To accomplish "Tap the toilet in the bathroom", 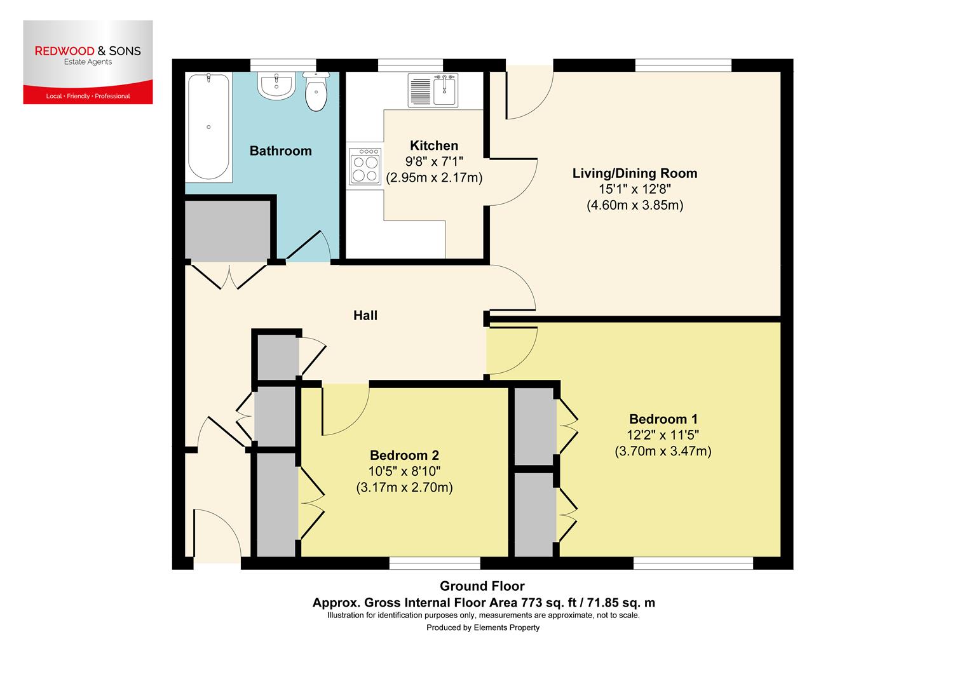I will [x=316, y=92].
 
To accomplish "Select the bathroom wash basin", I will [x=276, y=86].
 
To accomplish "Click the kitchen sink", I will [x=445, y=90].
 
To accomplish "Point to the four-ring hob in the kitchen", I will [x=365, y=166].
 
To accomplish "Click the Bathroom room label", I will [x=280, y=151].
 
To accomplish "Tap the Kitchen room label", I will [x=434, y=145].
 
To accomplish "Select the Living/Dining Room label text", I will [x=634, y=173].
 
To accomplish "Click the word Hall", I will [x=365, y=315].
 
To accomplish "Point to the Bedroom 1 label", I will [x=663, y=419].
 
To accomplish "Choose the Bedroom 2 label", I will [x=404, y=455].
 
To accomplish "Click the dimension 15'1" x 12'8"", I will [x=634, y=189].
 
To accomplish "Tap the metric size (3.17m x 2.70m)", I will [x=404, y=488].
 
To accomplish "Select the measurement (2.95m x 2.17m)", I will [x=434, y=178].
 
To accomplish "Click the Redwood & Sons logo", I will [x=88, y=62].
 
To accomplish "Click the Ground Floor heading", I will [x=482, y=586].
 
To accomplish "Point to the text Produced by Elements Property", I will [x=482, y=628].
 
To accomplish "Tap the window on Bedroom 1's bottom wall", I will [x=693, y=563].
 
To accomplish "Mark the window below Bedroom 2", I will [x=435, y=563].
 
